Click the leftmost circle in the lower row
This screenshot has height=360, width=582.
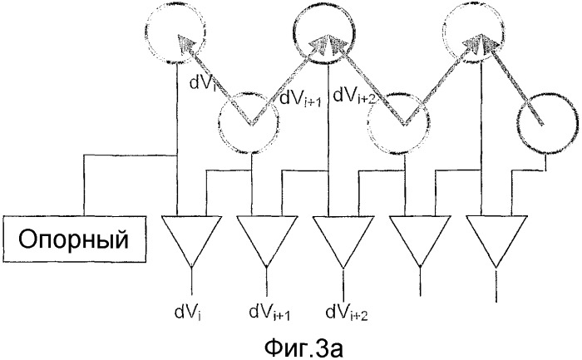point(250,123)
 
